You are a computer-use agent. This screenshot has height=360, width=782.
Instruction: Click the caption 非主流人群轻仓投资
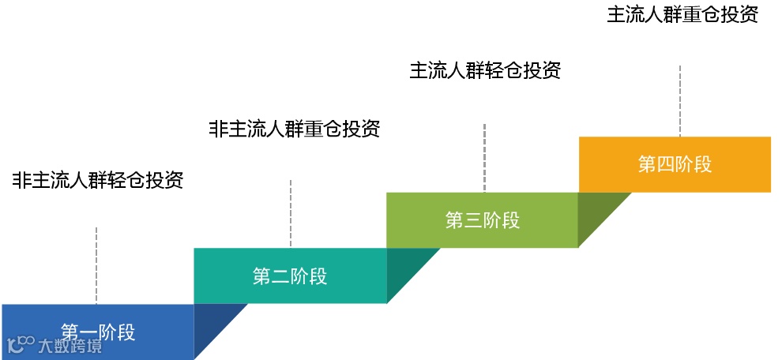98,180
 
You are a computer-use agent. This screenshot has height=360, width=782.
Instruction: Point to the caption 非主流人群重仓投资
294,129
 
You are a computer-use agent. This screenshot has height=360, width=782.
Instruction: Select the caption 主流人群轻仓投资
485,70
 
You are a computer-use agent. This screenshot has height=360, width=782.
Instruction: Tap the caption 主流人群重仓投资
682,16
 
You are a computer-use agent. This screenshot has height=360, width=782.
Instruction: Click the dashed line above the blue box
96,265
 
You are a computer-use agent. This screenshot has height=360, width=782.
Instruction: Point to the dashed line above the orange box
680,101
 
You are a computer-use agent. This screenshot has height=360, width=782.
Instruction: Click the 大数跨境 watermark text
70,346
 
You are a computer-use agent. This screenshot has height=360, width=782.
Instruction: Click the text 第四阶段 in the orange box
675,164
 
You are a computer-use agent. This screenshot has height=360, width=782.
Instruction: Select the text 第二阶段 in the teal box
290,276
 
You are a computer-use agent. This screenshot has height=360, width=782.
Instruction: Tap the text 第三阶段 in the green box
483,220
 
